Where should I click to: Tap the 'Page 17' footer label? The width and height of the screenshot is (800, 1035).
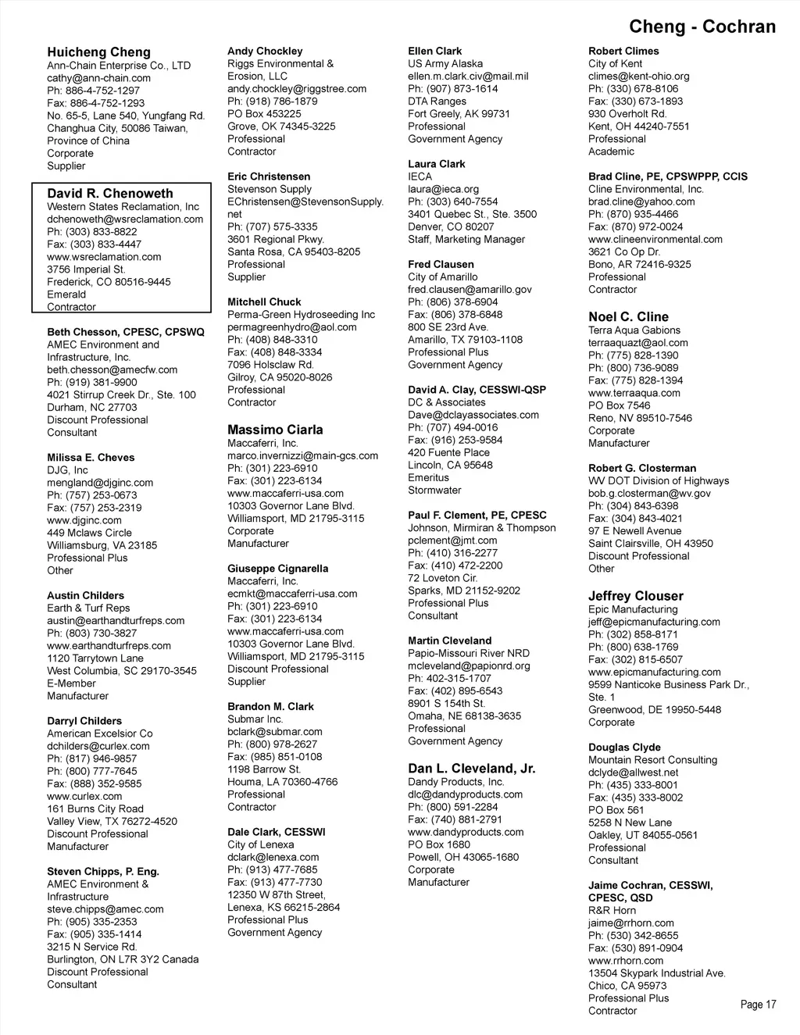point(758,1005)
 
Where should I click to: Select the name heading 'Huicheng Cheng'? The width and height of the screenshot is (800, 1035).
point(98,52)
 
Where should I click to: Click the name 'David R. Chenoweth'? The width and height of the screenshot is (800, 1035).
point(110,193)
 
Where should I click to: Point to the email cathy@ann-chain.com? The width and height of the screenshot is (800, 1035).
point(98,78)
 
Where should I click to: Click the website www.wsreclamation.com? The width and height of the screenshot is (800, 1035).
point(104,257)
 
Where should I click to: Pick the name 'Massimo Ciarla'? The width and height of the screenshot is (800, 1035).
point(275,430)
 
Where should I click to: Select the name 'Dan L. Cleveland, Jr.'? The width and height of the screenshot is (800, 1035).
point(472,769)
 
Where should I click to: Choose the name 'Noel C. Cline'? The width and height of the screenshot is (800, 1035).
point(628,316)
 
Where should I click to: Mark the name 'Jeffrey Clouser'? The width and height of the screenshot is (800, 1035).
point(636,596)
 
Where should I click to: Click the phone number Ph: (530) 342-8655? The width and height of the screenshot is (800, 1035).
point(633,936)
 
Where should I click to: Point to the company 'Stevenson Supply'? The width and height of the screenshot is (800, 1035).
point(270,189)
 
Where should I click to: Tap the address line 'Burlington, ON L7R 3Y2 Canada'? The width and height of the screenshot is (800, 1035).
point(123,959)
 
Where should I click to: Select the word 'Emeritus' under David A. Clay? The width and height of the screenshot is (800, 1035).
point(428,477)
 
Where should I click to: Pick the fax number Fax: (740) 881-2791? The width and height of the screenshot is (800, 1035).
point(455,819)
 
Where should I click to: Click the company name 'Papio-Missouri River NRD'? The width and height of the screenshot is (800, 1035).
point(469,653)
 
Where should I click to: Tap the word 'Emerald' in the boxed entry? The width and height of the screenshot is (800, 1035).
point(66,294)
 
